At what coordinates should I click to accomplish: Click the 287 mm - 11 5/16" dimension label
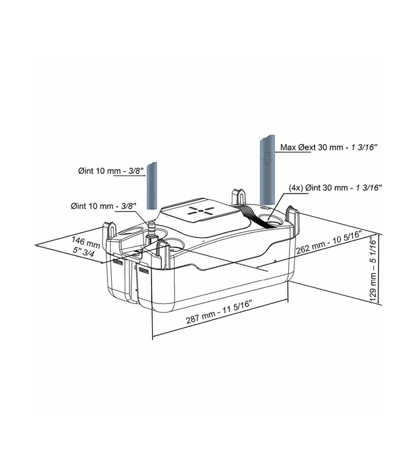coord(219,318)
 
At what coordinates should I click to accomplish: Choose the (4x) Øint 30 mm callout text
coord(334,187)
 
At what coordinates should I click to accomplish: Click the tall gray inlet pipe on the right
coord(268,172)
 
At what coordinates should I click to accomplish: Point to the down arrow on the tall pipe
coord(268,158)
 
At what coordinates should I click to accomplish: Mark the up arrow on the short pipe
coord(152,194)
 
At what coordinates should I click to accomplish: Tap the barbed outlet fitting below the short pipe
coord(152,228)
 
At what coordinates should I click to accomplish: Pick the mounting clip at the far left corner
coord(110,232)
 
